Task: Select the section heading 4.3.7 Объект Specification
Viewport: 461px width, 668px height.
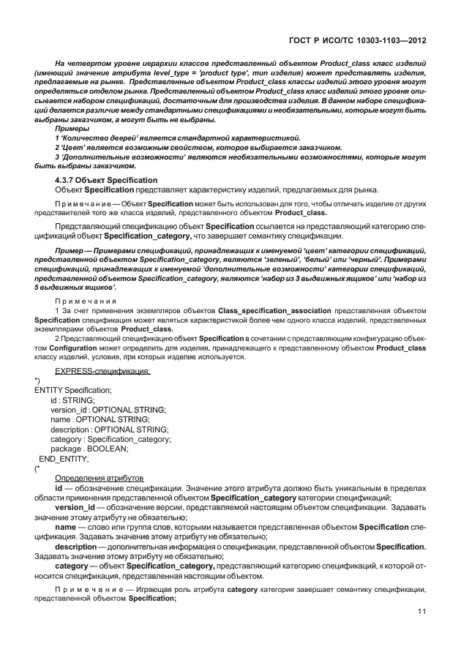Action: pos(106,180)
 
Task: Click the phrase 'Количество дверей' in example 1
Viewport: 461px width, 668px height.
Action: pos(94,138)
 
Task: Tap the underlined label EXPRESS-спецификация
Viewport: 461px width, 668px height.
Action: pos(102,372)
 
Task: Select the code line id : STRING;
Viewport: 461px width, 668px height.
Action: pos(72,400)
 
